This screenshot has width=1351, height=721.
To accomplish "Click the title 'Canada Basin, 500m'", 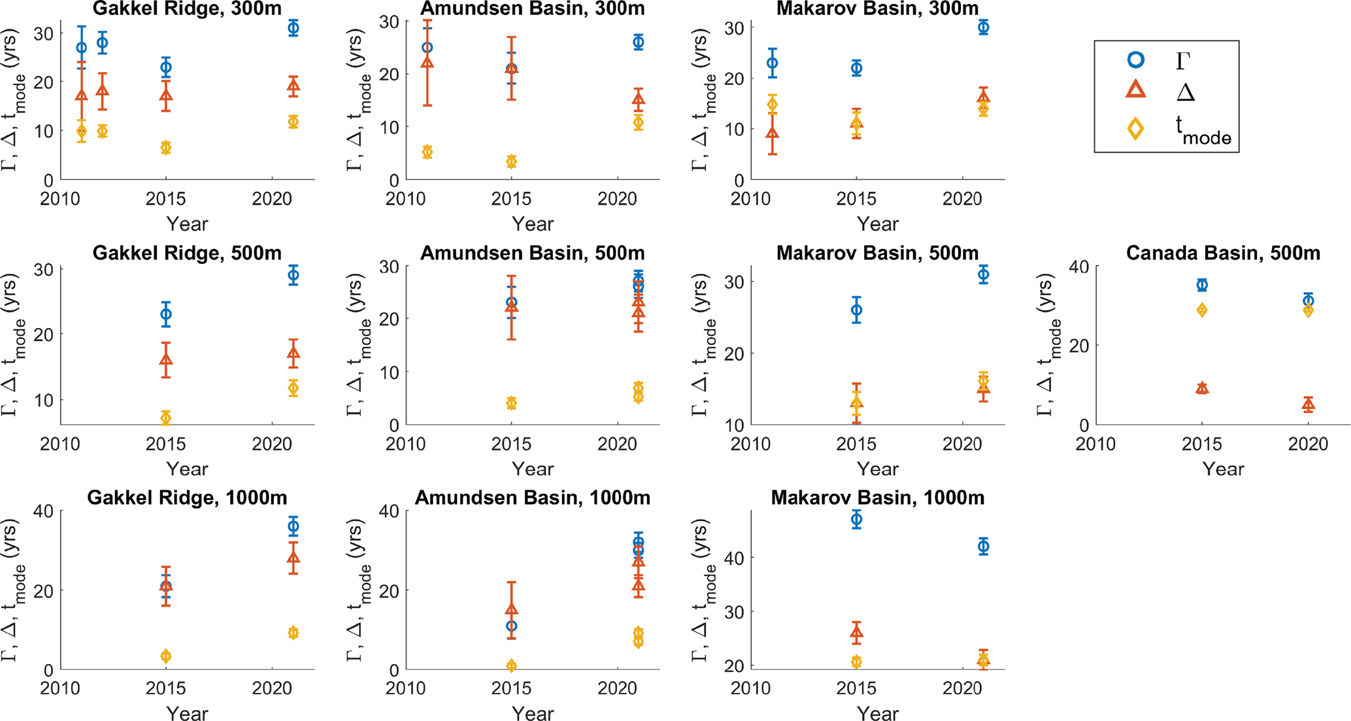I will coord(1223,253).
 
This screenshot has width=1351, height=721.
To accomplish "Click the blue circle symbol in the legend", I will coord(1136,60).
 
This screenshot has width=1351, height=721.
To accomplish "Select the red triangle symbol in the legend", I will coord(1136,90).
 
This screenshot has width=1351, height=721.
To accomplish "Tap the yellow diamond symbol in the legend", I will coord(1136,129).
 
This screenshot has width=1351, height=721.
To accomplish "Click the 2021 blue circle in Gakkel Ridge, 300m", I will coord(293,28).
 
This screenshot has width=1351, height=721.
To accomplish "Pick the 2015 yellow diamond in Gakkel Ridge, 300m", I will coord(166,148).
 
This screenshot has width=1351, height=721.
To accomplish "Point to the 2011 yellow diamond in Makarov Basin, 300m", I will coord(773,105).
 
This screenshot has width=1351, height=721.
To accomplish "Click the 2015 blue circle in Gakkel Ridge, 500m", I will coord(166,314).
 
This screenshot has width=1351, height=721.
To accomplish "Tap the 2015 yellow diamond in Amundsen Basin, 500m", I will coord(511,403).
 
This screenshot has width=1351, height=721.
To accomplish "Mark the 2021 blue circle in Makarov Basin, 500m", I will coord(984,275).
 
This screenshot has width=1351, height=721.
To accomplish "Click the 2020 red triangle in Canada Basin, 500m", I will coord(1308,405).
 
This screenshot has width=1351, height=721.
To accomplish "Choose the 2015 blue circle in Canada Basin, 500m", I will coord(1202,285).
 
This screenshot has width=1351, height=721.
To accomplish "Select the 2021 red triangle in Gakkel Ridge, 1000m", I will coord(293,558).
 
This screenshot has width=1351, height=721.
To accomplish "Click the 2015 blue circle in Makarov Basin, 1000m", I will coord(856,520).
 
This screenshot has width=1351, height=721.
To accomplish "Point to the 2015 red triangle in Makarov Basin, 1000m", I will coord(856,632).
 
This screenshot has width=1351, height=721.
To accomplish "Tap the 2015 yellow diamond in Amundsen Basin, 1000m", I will coord(511,666).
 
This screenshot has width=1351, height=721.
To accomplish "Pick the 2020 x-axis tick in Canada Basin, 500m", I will coord(1308,444).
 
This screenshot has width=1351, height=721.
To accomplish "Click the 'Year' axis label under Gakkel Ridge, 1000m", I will coord(187,713).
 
